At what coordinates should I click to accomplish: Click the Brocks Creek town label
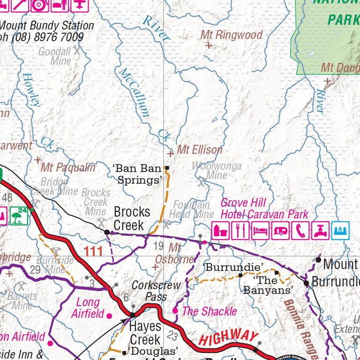(x=132, y=218)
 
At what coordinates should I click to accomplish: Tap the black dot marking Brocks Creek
(x=107, y=232)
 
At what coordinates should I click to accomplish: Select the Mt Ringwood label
(x=231, y=35)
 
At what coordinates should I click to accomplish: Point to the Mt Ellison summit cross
(x=170, y=153)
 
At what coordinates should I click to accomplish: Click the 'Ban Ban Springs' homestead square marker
(x=167, y=168)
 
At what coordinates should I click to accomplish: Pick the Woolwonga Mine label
(x=217, y=171)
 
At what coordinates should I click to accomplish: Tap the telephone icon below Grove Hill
(x=300, y=231)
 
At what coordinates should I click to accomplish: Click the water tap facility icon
(x=321, y=231)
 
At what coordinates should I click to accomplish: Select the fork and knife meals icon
(x=240, y=231)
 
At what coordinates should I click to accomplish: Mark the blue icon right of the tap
(x=341, y=231)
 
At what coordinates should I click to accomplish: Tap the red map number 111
(x=93, y=252)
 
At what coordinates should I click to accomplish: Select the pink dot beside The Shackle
(x=175, y=311)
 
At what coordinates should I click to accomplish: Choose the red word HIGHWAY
(x=228, y=337)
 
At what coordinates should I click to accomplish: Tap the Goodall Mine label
(x=54, y=56)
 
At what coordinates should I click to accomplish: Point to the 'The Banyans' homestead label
(x=268, y=285)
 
